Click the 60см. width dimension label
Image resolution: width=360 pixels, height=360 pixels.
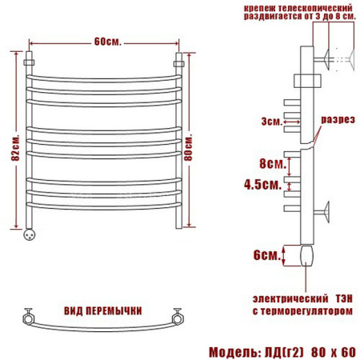click(108, 42)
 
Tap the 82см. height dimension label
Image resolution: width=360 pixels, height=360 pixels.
click(15, 148)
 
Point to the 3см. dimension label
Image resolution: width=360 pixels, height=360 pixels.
click(271, 122)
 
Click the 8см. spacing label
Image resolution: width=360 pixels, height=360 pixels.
click(273, 163)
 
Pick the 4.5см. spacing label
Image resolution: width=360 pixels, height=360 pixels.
click(262, 184)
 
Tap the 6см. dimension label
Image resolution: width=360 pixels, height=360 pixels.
click(267, 255)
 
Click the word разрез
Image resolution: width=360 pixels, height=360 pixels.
click(338, 120)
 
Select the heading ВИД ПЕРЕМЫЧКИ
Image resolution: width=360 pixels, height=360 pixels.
click(103, 311)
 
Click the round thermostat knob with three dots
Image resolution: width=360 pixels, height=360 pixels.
click(30, 234)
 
